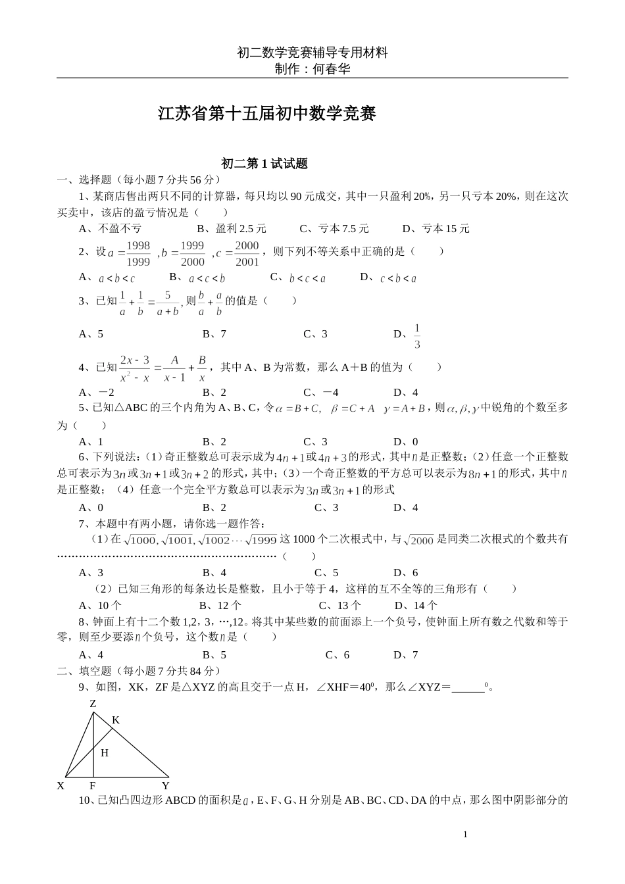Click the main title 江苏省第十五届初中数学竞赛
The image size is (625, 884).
[267, 114]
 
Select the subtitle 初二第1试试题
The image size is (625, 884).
[264, 164]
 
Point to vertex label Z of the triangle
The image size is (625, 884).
[93, 703]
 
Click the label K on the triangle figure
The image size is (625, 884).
[115, 720]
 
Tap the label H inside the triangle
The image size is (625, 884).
[105, 753]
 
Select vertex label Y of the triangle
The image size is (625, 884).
[165, 785]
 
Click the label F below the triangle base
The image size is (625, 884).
[93, 785]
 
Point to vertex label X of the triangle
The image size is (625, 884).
[61, 785]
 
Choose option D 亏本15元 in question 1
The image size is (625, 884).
[436, 229]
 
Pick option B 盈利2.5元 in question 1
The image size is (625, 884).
[232, 229]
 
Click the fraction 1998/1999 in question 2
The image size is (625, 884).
[138, 253]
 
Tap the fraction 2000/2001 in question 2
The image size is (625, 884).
[247, 253]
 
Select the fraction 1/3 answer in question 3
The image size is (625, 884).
[417, 335]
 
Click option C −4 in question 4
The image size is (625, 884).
[321, 393]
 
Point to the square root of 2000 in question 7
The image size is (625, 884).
[419, 540]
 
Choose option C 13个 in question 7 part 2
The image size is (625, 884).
[340, 605]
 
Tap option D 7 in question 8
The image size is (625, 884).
[406, 654]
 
